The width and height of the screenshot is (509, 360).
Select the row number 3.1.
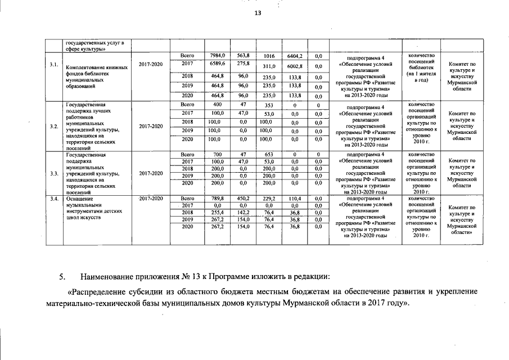click(54, 65)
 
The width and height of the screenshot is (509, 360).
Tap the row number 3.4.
click(54, 199)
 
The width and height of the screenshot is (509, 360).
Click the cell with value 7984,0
click(217, 56)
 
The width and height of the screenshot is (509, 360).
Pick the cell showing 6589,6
click(217, 64)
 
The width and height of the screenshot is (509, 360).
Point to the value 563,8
click(243, 56)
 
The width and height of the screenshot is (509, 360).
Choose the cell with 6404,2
click(295, 56)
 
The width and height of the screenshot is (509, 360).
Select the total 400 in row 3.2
click(216, 105)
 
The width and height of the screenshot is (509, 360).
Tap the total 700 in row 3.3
click(216, 154)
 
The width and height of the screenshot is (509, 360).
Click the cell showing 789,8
click(217, 199)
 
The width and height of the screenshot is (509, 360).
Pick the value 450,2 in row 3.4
click(243, 199)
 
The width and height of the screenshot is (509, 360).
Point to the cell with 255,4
click(217, 213)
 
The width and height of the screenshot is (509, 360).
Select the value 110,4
click(295, 199)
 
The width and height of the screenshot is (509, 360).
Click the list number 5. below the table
click(63, 277)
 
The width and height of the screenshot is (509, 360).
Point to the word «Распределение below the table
click(98, 292)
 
